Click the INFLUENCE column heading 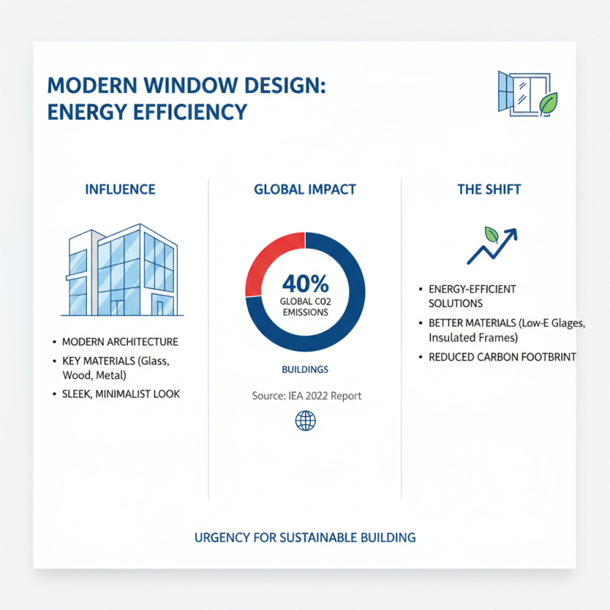pos(120,189)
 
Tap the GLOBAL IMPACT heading pos(305,189)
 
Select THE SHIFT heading pos(489,189)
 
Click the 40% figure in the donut pos(305,284)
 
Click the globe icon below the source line pos(305,420)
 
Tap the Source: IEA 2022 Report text pos(307,396)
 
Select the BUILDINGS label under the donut pos(305,369)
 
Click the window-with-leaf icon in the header pos(527,94)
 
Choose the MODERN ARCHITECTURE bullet pos(120,342)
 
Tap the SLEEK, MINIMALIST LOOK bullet pos(120,394)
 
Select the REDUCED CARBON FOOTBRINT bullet pos(502,357)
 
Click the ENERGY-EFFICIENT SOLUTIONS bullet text pos(472,296)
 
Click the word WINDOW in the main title pos(181,85)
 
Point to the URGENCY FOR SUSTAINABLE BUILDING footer pos(305,538)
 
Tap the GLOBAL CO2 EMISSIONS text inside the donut pos(305,307)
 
